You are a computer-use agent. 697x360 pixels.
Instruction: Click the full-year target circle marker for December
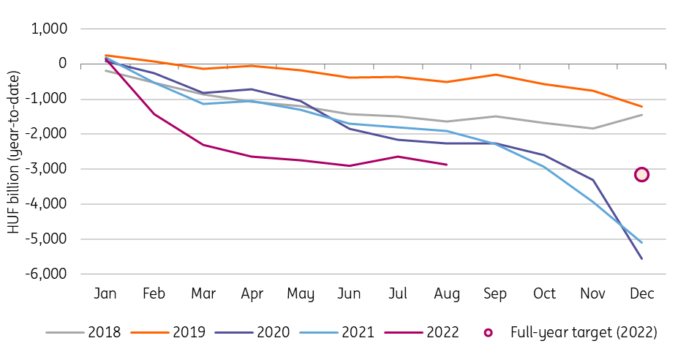641,175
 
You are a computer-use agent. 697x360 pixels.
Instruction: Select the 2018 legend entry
83,332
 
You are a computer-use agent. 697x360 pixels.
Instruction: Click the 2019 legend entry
167,332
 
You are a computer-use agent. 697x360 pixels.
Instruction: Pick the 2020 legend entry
252,332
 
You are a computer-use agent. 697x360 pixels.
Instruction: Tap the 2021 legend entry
337,332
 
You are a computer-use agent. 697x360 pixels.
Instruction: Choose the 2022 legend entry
422,332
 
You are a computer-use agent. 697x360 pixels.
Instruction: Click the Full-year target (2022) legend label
584,332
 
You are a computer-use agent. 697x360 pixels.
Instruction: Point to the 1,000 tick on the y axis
49,29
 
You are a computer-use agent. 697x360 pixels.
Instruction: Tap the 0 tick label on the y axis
63,64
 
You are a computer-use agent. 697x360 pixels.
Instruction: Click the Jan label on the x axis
105,293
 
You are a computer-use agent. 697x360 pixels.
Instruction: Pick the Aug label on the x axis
447,294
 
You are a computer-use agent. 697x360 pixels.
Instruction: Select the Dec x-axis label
642,293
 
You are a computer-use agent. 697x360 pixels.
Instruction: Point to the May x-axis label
301,294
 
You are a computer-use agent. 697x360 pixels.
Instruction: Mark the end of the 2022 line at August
447,165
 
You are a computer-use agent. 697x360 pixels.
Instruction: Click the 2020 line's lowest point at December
641,259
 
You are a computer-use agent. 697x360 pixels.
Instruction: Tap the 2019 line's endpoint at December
641,107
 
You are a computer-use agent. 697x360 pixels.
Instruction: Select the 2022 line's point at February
154,114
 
